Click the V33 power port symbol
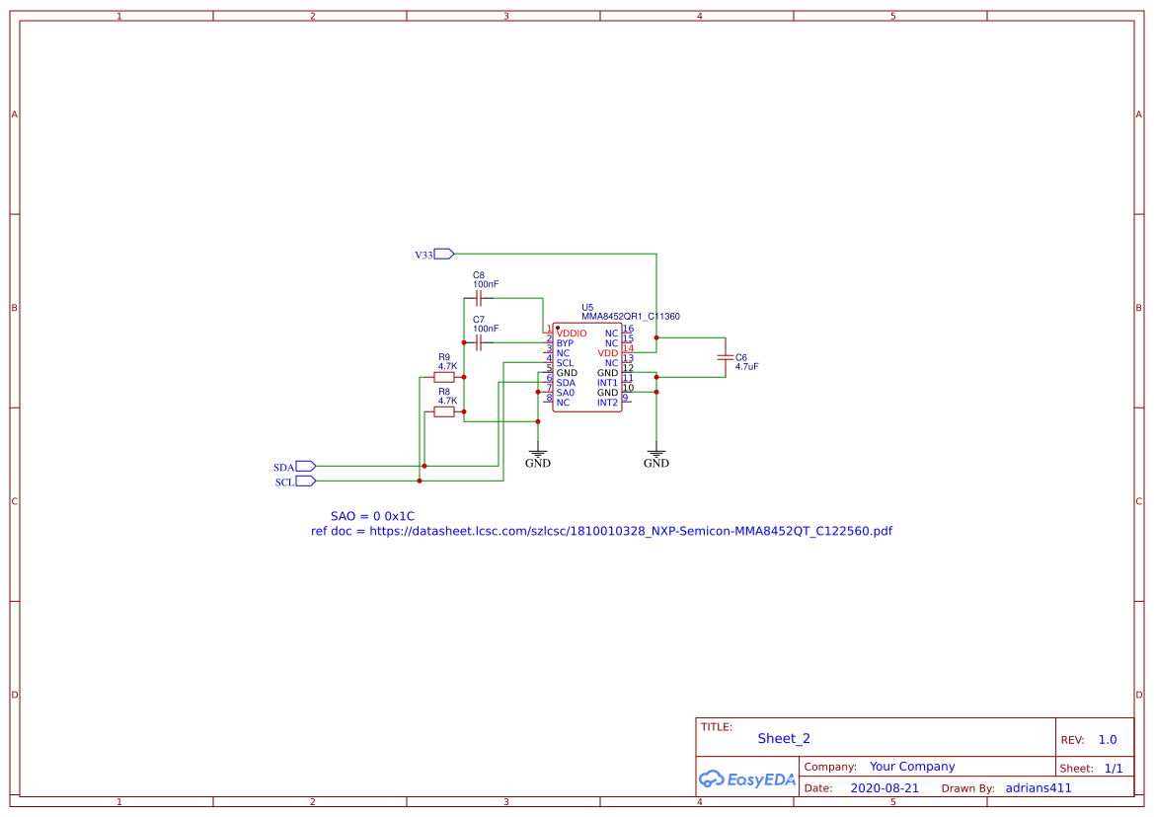click(443, 255)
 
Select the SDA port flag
click(305, 466)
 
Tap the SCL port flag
click(305, 482)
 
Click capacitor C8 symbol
click(479, 297)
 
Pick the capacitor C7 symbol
click(479, 342)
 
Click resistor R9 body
click(445, 377)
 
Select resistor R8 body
click(445, 412)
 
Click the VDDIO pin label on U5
click(572, 334)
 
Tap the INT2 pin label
click(607, 403)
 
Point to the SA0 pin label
click(565, 393)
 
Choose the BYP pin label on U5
click(564, 343)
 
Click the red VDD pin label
click(608, 353)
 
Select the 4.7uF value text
click(746, 366)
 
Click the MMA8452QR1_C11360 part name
click(630, 317)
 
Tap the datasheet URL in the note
click(631, 531)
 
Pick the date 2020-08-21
click(885, 788)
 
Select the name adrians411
click(1039, 788)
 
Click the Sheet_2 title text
click(784, 738)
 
